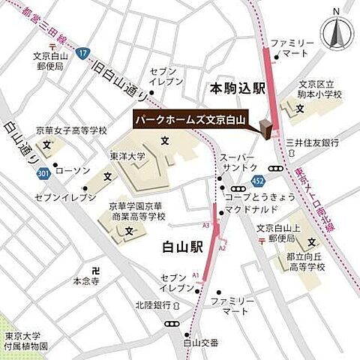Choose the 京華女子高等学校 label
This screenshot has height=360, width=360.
(73, 130)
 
